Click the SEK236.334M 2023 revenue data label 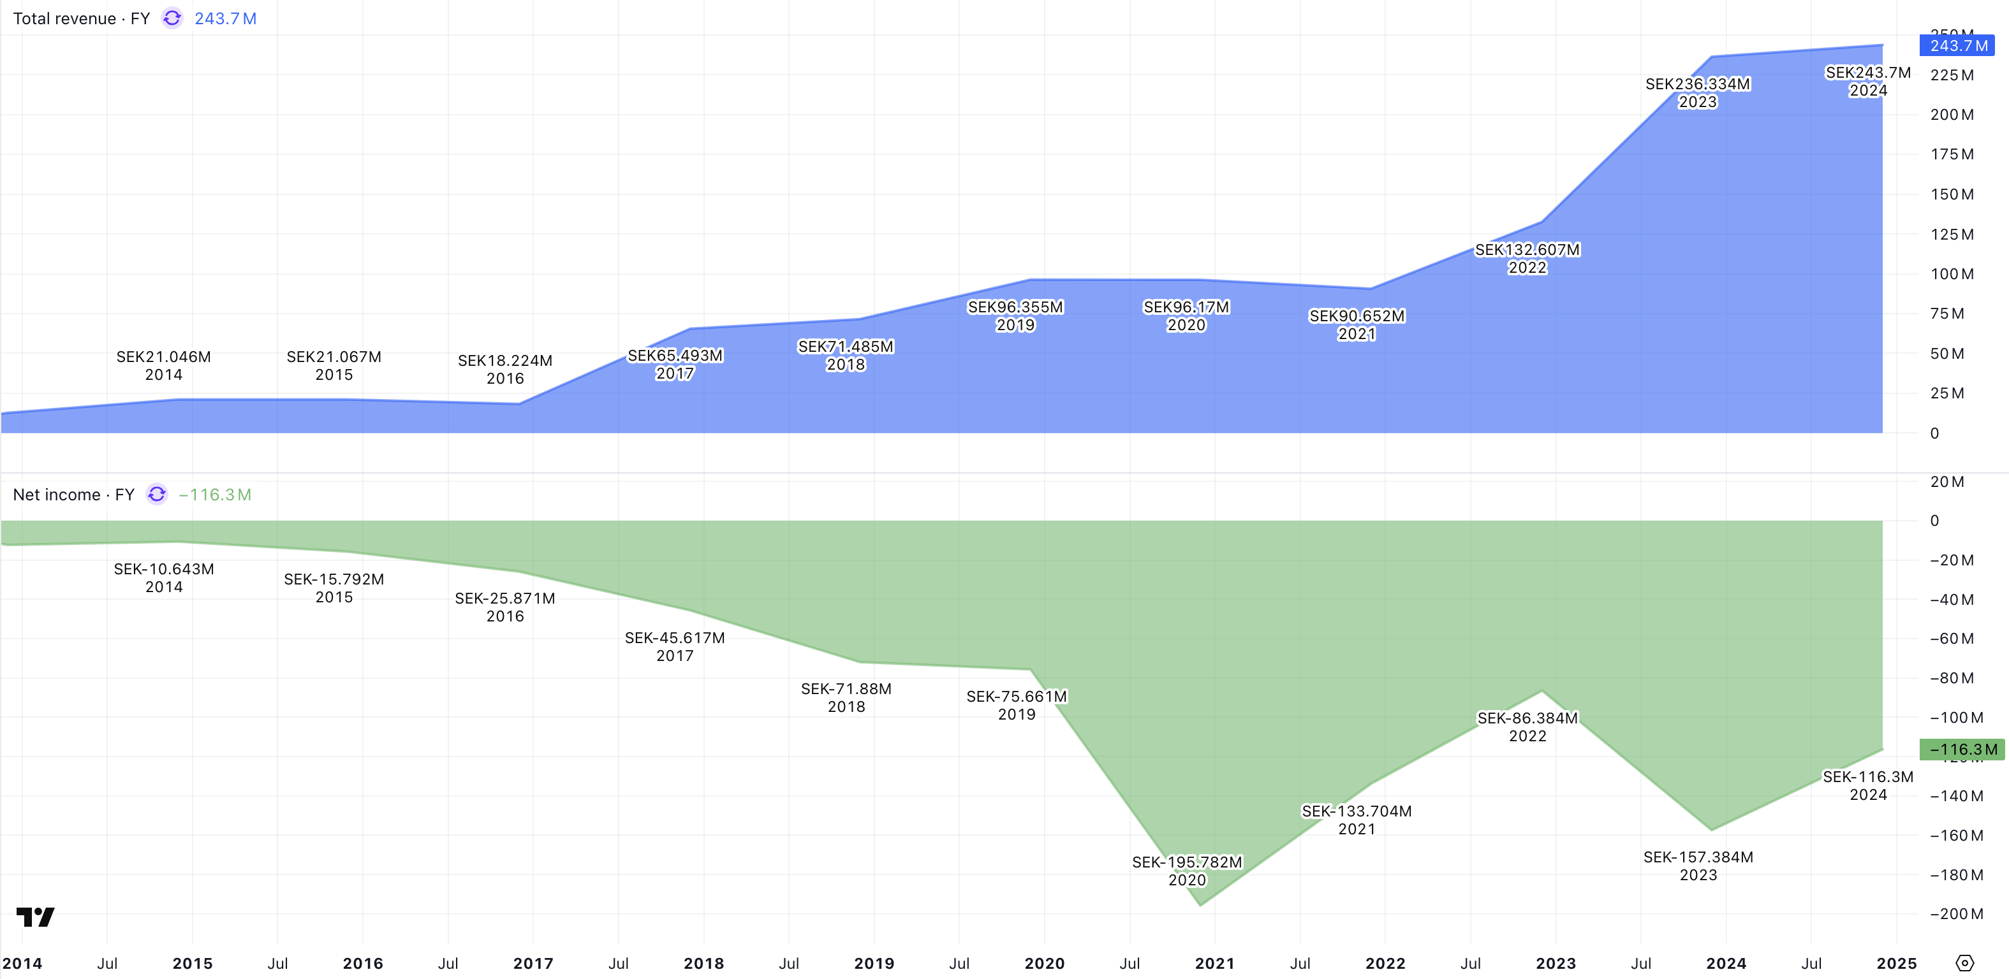(1697, 93)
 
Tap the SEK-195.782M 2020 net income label (1186, 871)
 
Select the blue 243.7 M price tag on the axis (1957, 46)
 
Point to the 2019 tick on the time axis (874, 964)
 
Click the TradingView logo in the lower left (35, 917)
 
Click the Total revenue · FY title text (81, 18)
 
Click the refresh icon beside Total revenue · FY (172, 18)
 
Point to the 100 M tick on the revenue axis (1952, 274)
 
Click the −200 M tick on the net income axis (1956, 913)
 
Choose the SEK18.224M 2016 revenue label (504, 370)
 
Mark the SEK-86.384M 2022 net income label (1527, 727)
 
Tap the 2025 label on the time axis (1896, 964)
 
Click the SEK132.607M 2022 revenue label (1526, 259)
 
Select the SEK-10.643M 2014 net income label (164, 577)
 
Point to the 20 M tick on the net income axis (1946, 482)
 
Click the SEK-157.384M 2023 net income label (1698, 865)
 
